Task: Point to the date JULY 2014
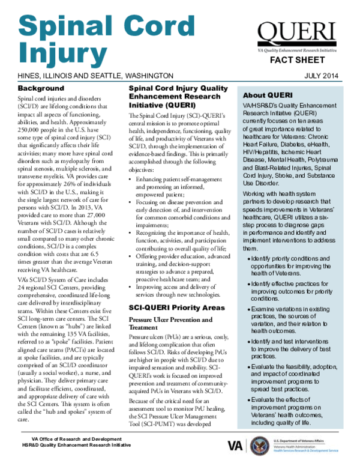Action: click(x=329, y=76)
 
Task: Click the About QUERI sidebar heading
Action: click(x=267, y=96)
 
